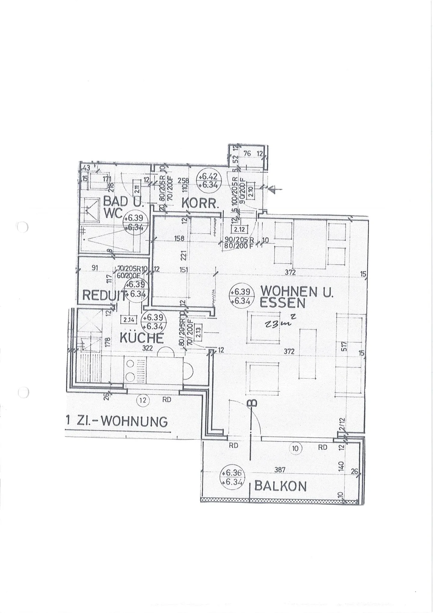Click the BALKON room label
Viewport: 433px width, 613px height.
280,486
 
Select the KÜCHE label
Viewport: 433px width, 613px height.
142,338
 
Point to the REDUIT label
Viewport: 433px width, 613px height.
104,296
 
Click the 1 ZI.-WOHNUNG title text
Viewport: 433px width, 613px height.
117,422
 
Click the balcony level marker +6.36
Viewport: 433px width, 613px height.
232,477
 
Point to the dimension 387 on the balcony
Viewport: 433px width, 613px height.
280,470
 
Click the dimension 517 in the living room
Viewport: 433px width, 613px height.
344,346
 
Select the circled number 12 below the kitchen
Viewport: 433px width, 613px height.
143,400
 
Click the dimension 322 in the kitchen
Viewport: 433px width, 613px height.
148,348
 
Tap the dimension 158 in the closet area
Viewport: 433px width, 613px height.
179,238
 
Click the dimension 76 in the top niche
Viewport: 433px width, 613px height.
247,153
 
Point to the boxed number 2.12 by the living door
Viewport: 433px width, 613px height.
239,230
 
